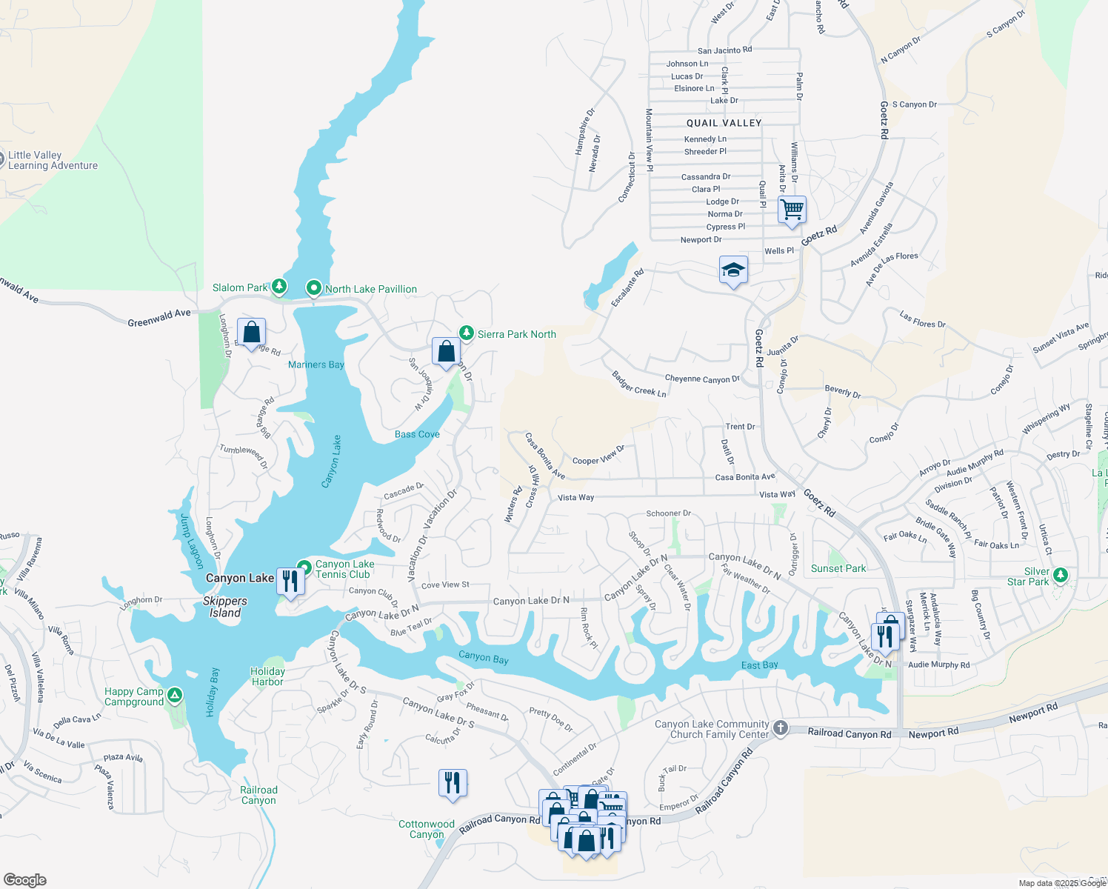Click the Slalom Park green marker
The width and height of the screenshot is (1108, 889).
pyautogui.click(x=278, y=286)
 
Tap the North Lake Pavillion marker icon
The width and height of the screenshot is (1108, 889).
pyautogui.click(x=313, y=287)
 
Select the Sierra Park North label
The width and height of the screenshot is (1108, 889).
pyautogui.click(x=516, y=334)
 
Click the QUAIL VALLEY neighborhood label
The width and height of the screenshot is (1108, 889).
pyautogui.click(x=724, y=123)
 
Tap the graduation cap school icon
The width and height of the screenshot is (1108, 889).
pyautogui.click(x=733, y=270)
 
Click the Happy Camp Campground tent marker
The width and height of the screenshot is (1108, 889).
pyautogui.click(x=175, y=695)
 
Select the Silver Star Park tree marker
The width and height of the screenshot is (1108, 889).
pyautogui.click(x=1060, y=575)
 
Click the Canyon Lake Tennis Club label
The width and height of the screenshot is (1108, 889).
pyautogui.click(x=344, y=569)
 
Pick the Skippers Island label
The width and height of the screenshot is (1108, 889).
pyautogui.click(x=224, y=607)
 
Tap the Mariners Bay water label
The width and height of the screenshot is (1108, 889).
pyautogui.click(x=316, y=364)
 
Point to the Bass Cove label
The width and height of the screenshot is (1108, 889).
pyautogui.click(x=417, y=434)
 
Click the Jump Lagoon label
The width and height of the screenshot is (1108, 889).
pyautogui.click(x=191, y=541)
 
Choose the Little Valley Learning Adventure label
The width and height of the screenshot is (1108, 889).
pyautogui.click(x=53, y=160)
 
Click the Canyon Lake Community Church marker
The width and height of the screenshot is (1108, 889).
pyautogui.click(x=780, y=728)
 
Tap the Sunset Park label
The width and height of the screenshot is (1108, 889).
pyautogui.click(x=838, y=568)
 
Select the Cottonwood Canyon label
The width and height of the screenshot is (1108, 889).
pyautogui.click(x=427, y=829)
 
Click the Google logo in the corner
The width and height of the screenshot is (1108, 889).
pyautogui.click(x=25, y=879)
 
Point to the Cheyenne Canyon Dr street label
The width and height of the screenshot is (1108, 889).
pyautogui.click(x=702, y=379)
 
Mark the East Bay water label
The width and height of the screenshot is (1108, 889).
pyautogui.click(x=760, y=665)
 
